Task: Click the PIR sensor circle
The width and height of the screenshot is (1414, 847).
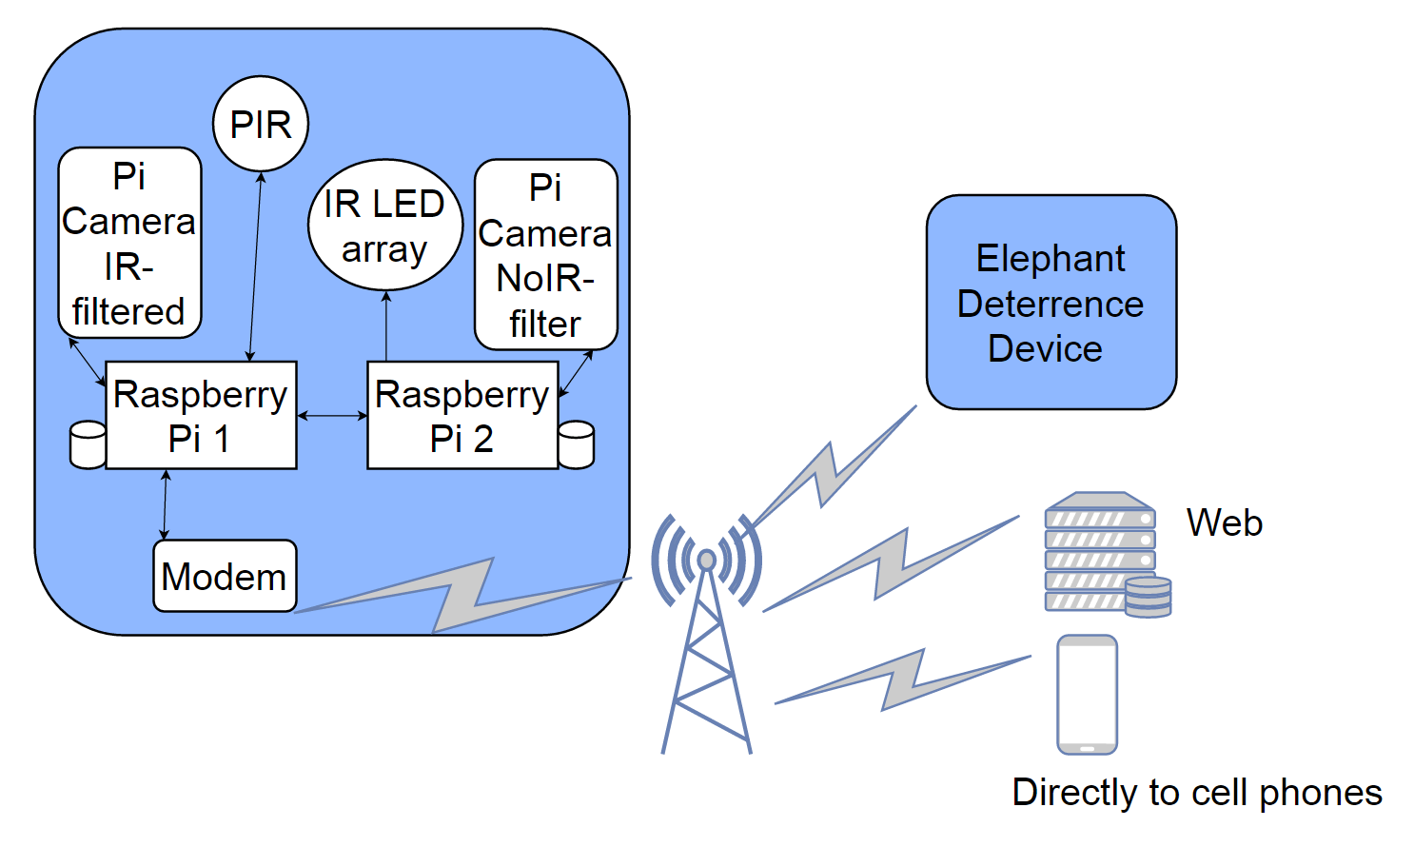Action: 261,124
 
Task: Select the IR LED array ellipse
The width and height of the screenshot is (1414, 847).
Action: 384,226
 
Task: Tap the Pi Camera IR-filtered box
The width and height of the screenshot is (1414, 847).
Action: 129,243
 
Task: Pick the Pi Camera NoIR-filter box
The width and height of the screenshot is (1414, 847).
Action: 545,254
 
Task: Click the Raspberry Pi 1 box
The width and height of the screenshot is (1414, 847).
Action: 201,416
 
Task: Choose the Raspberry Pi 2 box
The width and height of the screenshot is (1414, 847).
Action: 462,416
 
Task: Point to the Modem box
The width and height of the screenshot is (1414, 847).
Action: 225,576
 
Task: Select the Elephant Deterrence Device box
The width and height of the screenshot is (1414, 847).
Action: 1051,303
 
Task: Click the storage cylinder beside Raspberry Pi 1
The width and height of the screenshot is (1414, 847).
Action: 88,444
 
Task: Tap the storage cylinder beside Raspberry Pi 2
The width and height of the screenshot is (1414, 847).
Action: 577,444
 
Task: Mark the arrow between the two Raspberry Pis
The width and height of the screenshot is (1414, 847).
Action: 332,415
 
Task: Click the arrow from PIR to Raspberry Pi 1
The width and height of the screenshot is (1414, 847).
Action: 255,266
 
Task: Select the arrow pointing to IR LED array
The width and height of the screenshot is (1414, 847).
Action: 386,325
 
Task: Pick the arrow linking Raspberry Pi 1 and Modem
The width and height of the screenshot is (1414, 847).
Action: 166,504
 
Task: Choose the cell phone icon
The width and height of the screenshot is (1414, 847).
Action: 1087,695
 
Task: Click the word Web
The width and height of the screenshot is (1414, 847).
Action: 1224,522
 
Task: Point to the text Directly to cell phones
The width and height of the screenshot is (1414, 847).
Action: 1196,792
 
